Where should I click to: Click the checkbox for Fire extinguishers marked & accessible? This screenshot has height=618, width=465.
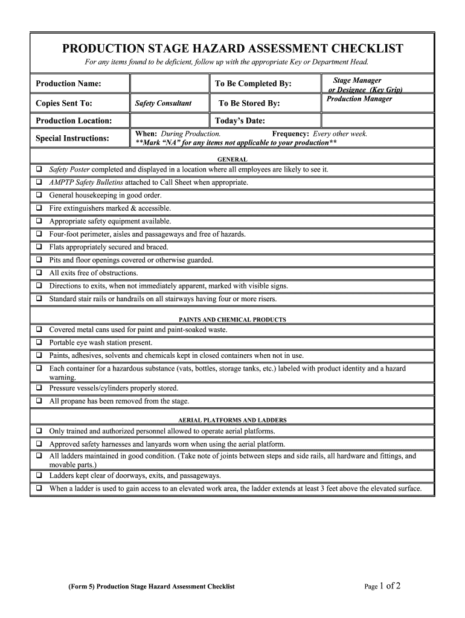38,208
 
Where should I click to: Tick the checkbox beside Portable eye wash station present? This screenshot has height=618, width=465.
38,343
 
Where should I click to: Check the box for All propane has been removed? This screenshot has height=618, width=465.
38,401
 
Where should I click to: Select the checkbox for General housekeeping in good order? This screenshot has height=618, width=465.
38,196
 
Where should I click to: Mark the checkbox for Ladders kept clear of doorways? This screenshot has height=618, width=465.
38,476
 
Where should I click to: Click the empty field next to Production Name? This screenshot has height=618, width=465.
169,83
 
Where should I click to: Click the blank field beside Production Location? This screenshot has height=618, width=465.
169,121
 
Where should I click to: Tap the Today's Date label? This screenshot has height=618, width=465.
240,121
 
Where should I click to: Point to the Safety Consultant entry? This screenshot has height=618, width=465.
163,103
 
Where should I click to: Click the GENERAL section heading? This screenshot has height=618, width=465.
232,159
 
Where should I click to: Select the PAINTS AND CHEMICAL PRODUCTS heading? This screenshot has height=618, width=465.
232,319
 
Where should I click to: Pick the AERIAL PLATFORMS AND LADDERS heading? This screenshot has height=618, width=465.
232,419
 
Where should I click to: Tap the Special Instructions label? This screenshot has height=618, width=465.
72,138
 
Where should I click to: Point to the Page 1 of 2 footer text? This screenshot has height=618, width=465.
383,585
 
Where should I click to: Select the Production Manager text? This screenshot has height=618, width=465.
359,99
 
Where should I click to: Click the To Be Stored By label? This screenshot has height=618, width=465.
249,103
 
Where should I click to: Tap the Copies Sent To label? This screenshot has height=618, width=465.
63,103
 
